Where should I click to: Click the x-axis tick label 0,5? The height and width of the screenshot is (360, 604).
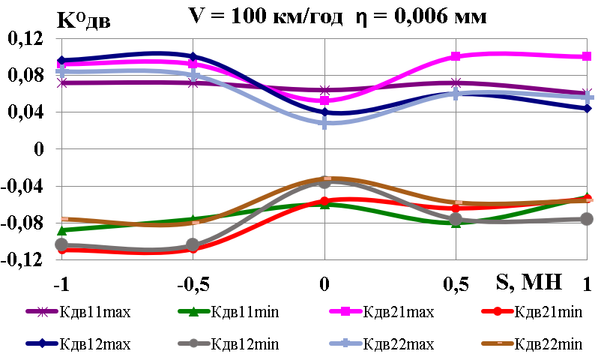[x=456, y=283]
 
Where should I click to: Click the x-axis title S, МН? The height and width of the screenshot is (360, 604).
[x=522, y=282]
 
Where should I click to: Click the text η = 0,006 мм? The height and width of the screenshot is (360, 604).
[x=420, y=16]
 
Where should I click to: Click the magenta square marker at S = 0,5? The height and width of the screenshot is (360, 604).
[x=456, y=56]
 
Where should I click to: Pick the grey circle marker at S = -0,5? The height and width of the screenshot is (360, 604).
[x=193, y=244]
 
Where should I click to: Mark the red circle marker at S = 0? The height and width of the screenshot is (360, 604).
[x=324, y=201]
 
